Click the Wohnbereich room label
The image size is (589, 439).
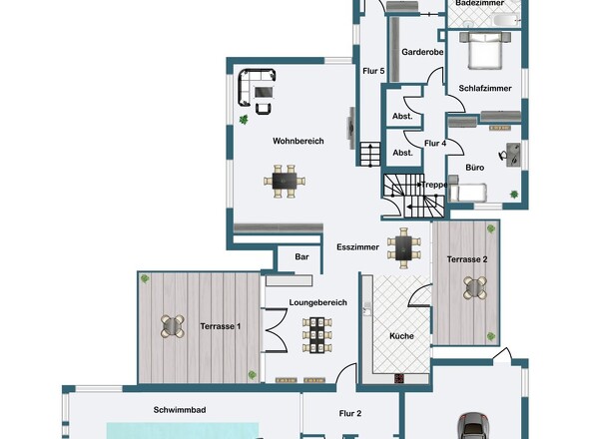click(297, 142)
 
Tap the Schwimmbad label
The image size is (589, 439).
click(180, 410)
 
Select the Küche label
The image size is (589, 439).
click(401, 336)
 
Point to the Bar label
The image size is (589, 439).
click(301, 256)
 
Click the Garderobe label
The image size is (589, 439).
click(422, 52)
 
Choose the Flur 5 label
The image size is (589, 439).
click(373, 71)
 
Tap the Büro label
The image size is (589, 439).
click(475, 168)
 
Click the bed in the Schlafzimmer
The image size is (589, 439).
click(485, 51)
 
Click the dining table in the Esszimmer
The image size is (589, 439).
click(403, 247)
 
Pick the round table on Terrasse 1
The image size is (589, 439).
click(173, 326)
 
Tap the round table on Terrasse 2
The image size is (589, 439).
click(475, 287)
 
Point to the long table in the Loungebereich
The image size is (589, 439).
click(318, 335)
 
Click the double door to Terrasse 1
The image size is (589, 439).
click(276, 330)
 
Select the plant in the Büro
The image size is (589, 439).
click(514, 195)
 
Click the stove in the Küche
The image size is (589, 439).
click(399, 378)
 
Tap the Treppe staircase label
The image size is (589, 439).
click(434, 185)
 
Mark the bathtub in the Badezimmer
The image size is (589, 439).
click(500, 19)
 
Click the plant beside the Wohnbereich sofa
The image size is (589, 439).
click(244, 120)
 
